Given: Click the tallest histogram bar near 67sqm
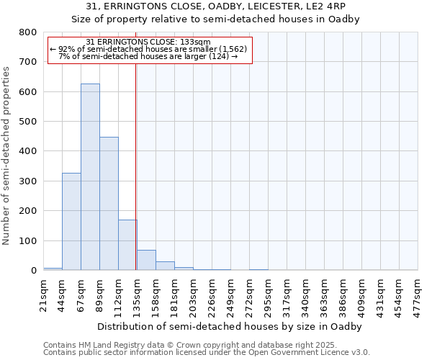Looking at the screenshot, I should point(90,177).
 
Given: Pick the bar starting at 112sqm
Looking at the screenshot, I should point(127,245).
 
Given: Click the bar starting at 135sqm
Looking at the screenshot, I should point(146,260).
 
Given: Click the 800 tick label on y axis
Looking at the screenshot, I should point(28,32).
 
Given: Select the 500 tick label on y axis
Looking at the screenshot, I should point(28,122).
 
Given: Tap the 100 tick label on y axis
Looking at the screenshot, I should point(28,240).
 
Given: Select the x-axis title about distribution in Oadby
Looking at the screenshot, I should point(230,326).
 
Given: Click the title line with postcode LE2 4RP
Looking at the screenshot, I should point(216,6).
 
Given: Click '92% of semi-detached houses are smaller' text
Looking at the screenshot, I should point(149,49).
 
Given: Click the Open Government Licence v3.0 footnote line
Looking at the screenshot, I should point(207,353).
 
